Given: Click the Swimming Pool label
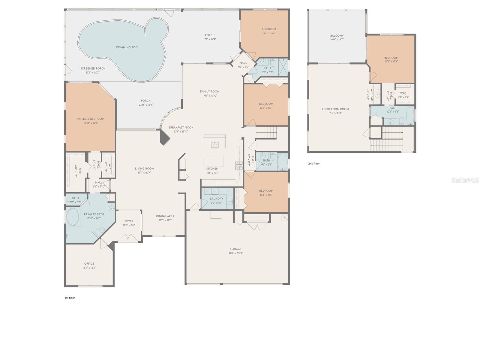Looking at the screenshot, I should [127, 47].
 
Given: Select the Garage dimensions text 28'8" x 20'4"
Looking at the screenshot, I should [236, 253].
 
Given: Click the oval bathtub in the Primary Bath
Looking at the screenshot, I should [73, 217].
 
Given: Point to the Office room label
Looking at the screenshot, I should [89, 264].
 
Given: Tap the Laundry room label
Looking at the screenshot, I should [216, 199].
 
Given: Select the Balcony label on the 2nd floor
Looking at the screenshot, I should [337, 36].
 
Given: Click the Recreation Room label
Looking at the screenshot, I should [335, 109].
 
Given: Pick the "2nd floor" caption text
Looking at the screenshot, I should [314, 163].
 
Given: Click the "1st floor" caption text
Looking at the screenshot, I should [70, 298].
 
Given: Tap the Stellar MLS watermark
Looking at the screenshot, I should [465, 180].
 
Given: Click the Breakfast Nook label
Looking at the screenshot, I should [181, 127].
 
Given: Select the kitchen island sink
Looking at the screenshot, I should [215, 145].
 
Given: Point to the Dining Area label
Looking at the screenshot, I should [165, 216].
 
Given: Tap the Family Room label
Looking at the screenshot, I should [210, 91].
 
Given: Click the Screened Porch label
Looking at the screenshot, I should [93, 68].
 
